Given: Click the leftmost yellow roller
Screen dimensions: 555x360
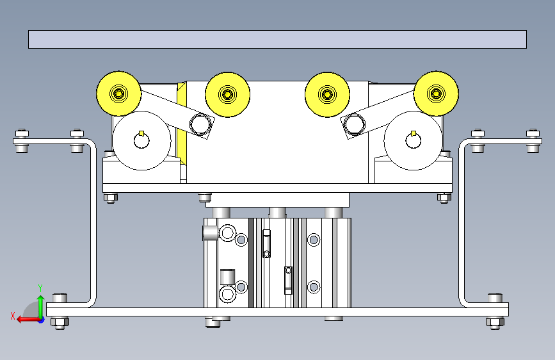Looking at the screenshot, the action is tap(119, 94).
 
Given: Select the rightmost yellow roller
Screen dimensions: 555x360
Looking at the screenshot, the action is tap(437, 94).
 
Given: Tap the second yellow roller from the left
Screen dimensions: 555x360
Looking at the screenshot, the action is tap(227, 95).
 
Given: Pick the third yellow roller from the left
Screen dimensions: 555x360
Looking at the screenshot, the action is tap(327, 95).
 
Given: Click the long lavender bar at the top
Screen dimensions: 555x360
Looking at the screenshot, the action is tap(277, 39).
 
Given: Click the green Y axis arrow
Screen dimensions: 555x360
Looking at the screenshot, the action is tap(40, 296).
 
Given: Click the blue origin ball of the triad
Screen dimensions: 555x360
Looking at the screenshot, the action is tap(41, 318).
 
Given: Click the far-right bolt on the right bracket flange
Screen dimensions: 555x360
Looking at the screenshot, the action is tap(533, 140).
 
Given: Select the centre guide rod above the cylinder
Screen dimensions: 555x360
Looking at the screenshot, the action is tap(277, 212).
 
